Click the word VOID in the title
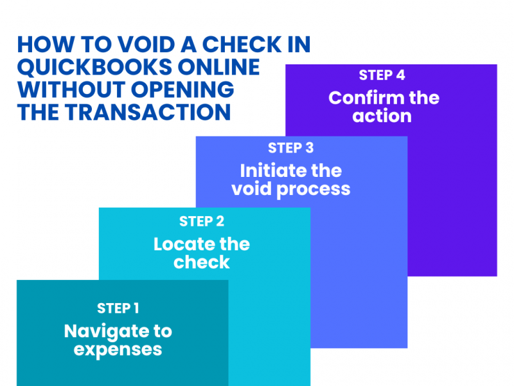[142, 44]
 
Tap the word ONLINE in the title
[221, 67]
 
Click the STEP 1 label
[118, 308]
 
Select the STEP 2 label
[202, 221]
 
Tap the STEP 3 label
[291, 148]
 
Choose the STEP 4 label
[382, 75]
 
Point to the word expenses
[118, 350]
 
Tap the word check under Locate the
[202, 262]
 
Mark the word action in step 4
[382, 117]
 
